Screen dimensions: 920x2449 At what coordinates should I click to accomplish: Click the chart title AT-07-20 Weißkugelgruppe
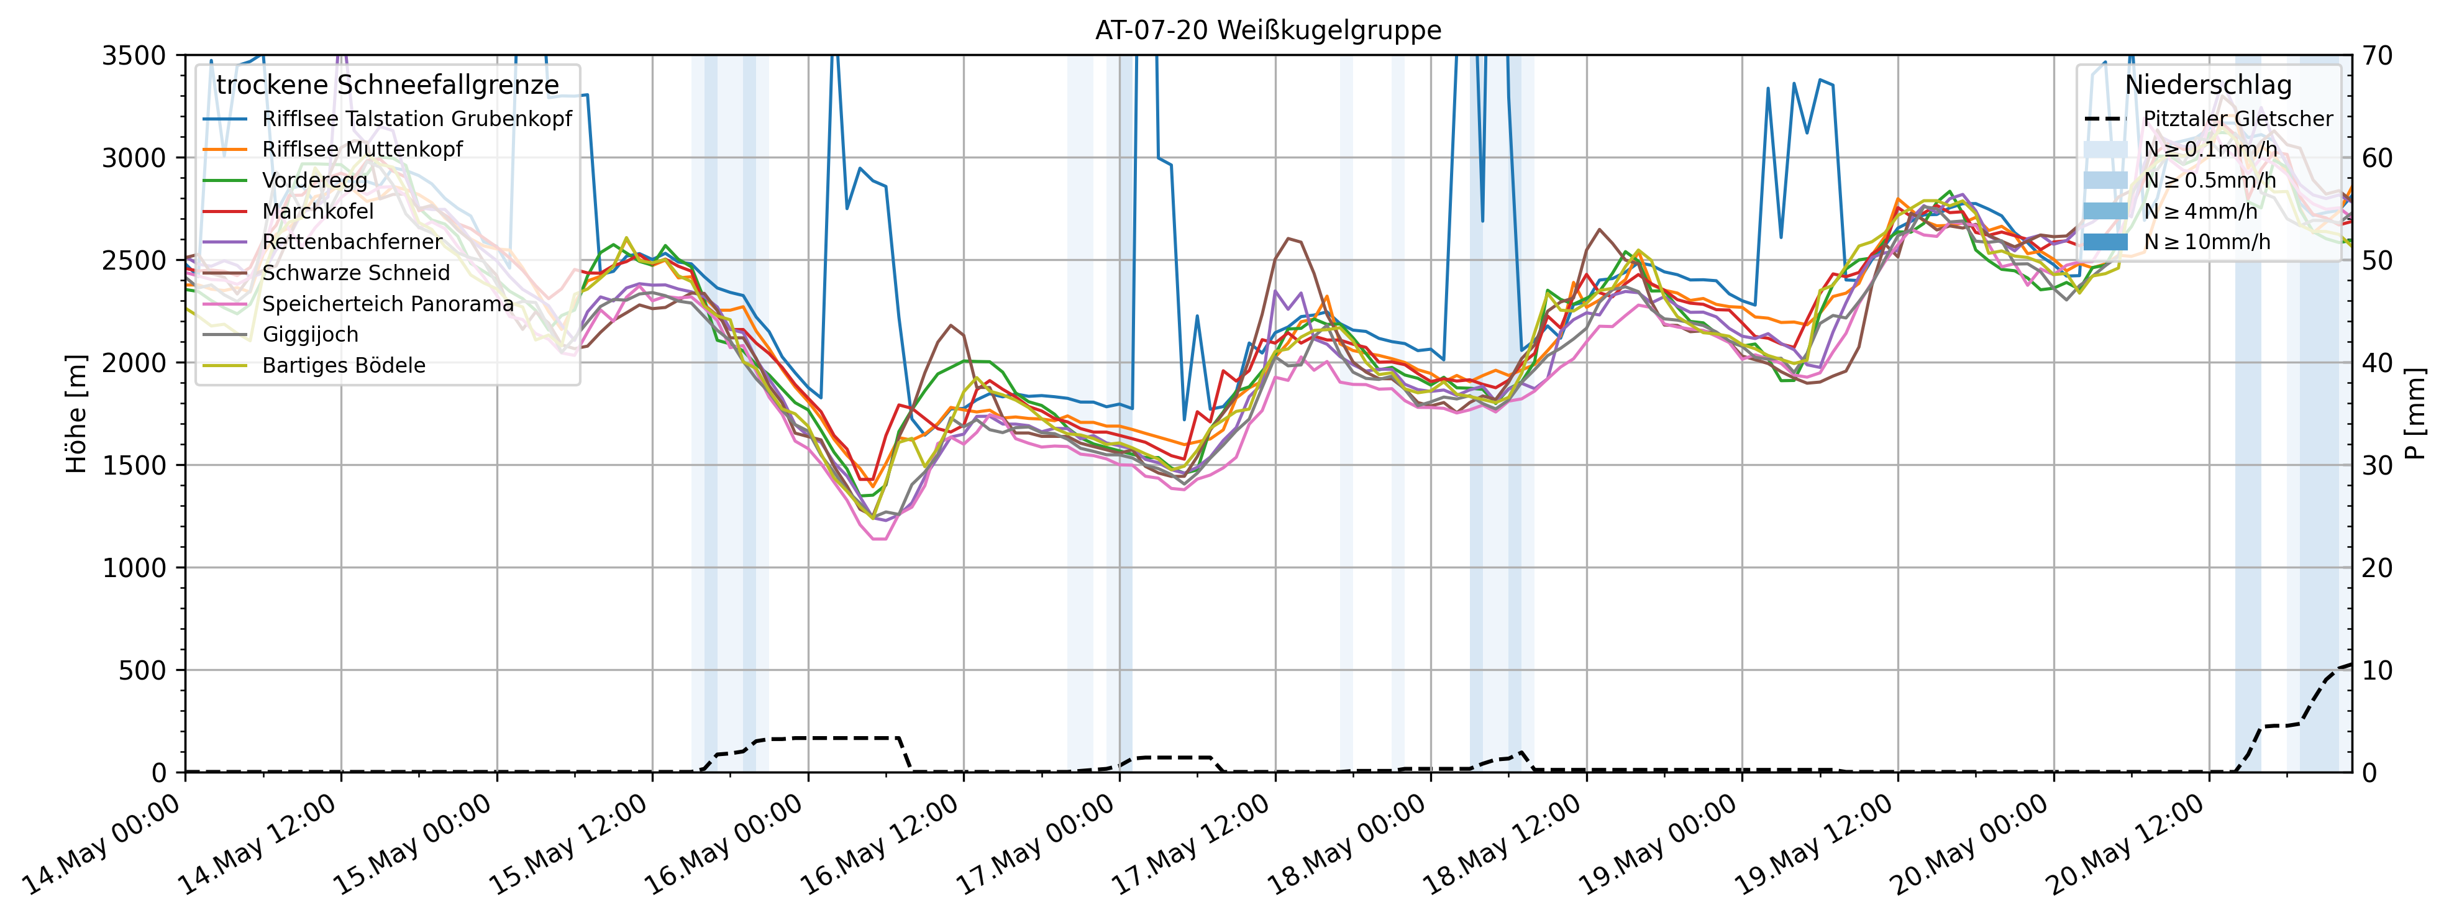coord(1267,30)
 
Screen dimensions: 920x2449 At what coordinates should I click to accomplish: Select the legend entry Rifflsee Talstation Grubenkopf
coord(416,119)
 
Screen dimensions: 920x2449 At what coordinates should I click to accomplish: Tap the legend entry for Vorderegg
coord(315,181)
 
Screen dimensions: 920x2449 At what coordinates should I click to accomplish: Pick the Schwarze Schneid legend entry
coord(355,273)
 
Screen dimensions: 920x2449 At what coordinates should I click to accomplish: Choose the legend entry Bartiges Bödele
coord(343,366)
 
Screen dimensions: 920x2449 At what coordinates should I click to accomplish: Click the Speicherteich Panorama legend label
coord(387,304)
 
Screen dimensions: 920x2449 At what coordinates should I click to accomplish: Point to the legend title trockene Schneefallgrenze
coord(387,86)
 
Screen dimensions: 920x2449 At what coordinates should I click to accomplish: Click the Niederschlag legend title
coord(2207,86)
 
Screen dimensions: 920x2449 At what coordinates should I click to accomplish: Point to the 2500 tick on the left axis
coord(133,260)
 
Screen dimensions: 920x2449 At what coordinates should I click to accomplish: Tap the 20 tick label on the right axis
coord(2377,568)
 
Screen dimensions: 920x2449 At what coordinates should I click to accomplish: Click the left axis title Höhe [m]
coord(76,414)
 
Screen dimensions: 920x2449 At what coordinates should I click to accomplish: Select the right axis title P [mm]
coord(2415,414)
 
